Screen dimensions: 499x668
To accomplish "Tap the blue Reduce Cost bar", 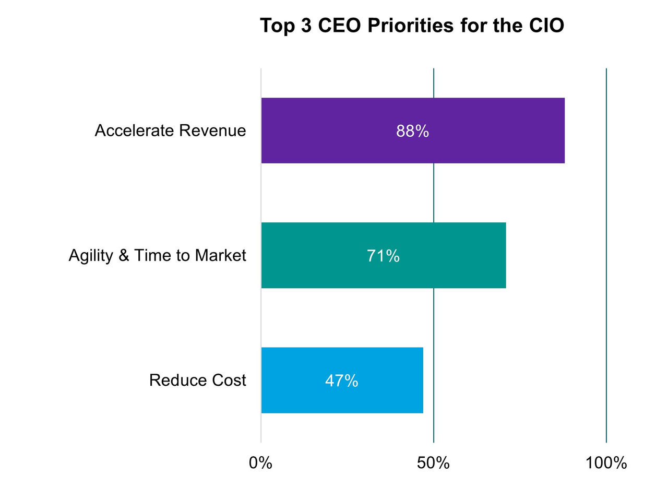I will point(292,380).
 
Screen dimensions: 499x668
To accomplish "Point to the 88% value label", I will point(412,131).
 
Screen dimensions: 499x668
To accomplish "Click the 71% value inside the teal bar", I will point(383,256).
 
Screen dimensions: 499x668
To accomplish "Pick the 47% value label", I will point(341,381).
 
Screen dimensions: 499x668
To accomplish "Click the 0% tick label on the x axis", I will point(260,462).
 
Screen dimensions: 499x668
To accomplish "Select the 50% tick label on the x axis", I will point(433,462).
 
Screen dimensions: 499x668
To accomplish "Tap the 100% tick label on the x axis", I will point(606,462).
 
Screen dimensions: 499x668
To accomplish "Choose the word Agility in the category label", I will point(91,255).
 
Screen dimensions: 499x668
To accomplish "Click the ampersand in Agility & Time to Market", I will point(124,255).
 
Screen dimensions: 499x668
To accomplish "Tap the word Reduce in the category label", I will point(171,380).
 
